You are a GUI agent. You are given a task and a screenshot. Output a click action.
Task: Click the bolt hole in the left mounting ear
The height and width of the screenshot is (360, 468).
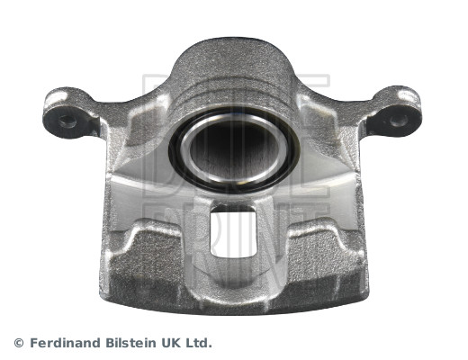[67, 121]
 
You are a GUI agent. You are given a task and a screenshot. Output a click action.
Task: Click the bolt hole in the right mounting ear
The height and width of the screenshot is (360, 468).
[399, 121]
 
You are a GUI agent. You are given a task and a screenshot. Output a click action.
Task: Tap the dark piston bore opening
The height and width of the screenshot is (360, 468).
[234, 149]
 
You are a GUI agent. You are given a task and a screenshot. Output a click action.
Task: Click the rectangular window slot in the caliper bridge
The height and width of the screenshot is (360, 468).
[233, 235]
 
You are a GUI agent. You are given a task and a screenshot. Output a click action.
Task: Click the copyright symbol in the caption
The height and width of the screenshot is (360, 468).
[19, 343]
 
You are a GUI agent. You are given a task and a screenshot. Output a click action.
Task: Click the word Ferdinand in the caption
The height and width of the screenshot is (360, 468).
[66, 343]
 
